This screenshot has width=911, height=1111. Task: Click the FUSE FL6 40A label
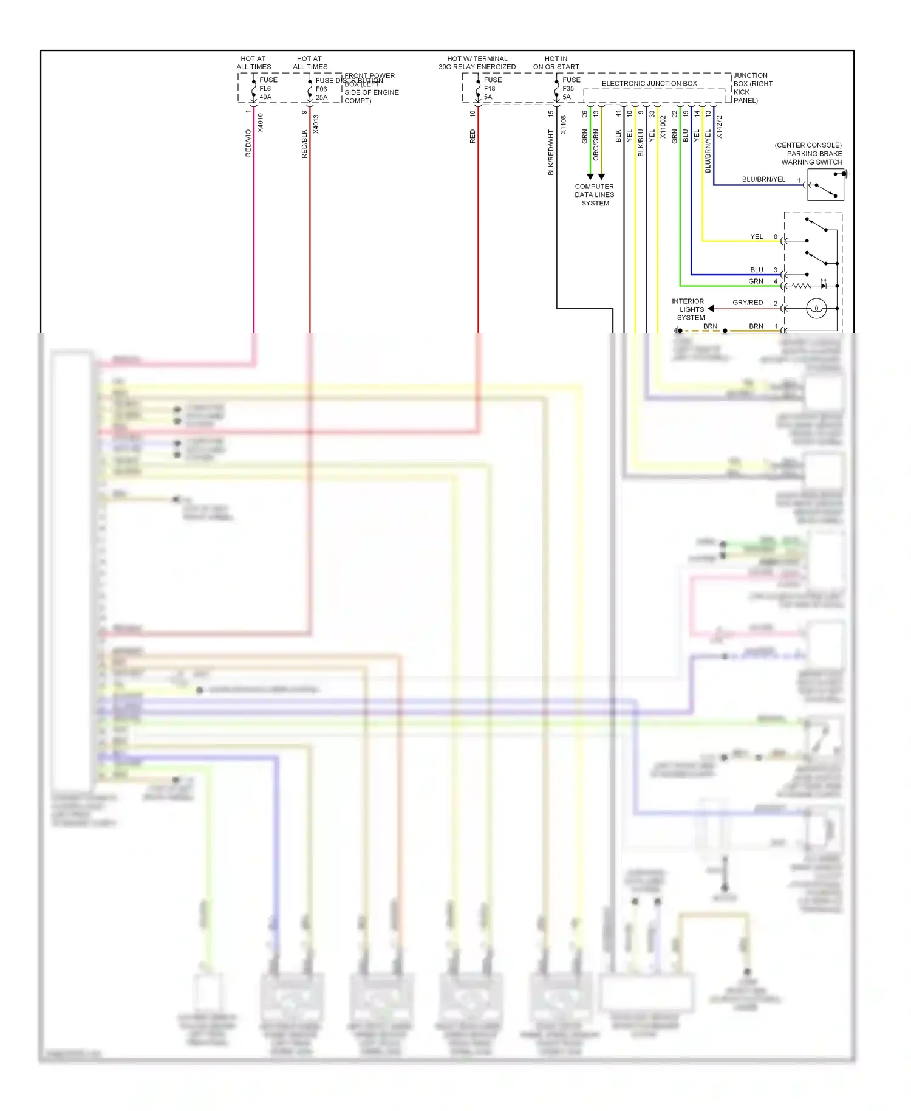pos(268,88)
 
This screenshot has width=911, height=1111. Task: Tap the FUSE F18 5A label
pos(492,88)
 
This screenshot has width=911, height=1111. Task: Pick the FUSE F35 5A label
pos(570,88)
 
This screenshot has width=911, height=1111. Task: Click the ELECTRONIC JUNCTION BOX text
pos(649,84)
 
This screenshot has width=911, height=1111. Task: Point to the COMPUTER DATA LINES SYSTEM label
pos(595,195)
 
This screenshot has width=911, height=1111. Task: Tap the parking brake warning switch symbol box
pos(825,185)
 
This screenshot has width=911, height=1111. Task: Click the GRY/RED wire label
pos(747,303)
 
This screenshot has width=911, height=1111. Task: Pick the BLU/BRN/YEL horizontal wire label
pos(763,179)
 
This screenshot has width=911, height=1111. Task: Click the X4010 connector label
pos(261,123)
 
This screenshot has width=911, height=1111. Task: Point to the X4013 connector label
pos(316,124)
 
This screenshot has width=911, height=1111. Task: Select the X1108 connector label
pos(563,125)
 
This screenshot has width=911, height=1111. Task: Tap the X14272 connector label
pos(719,127)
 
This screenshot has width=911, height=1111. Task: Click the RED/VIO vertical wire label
pos(248,143)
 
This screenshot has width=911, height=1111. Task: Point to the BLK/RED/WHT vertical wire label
pos(551,152)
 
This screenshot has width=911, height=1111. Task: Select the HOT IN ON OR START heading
pos(556,63)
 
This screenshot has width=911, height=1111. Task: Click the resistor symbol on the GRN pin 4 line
pos(801,286)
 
